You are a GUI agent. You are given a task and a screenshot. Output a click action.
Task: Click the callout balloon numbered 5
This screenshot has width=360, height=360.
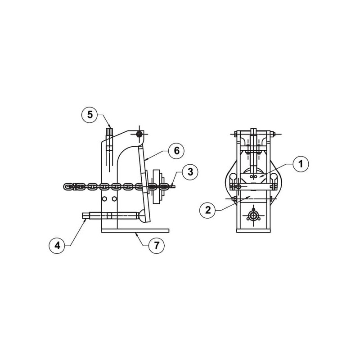click(90, 115)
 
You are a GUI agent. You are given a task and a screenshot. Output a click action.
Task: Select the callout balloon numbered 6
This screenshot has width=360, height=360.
click(176, 151)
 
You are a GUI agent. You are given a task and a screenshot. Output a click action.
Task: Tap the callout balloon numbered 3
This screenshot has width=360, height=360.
click(190, 172)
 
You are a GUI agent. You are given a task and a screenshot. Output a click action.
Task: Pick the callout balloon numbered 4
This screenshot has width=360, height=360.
click(57, 245)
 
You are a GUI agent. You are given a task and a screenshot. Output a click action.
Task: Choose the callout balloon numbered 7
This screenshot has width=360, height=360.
click(157, 245)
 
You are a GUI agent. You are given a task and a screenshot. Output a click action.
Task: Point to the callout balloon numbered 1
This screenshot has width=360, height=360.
click(301, 164)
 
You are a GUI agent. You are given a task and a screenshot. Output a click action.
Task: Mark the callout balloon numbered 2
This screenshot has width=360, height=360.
click(208, 210)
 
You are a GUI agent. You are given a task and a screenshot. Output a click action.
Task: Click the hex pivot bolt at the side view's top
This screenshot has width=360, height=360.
click(139, 134)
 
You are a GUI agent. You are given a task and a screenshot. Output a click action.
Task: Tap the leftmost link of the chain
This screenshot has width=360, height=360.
click(68, 186)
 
